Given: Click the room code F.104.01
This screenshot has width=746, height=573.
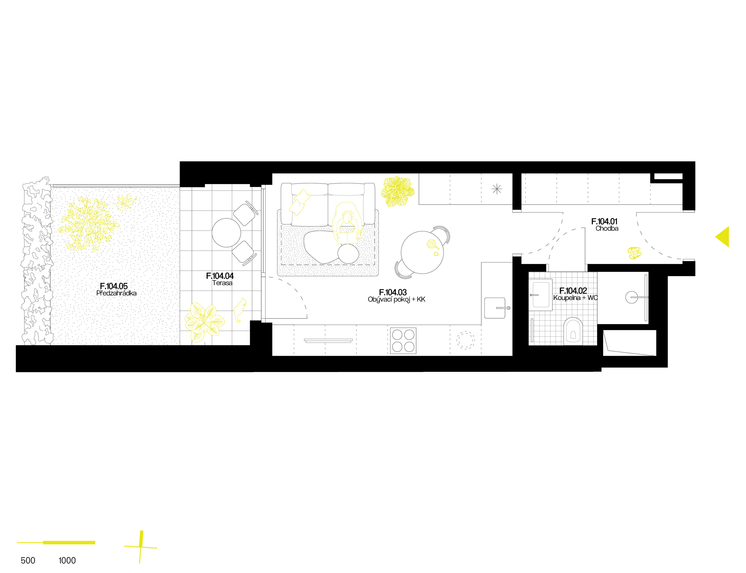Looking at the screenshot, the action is click(x=604, y=221).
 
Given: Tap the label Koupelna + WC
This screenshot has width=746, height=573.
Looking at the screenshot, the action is click(x=575, y=298).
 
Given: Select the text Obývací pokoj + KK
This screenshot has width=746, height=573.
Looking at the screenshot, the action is click(x=396, y=299).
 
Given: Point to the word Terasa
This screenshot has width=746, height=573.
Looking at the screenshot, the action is click(x=222, y=283).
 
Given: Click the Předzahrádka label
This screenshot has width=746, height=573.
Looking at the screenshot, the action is click(x=116, y=293).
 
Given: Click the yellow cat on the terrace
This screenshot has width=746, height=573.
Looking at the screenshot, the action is click(x=240, y=310).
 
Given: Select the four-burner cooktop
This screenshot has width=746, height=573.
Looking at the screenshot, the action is click(x=403, y=340).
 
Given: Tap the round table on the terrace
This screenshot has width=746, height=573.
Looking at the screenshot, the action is click(x=226, y=233).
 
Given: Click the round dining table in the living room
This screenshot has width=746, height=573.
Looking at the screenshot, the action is click(x=422, y=253).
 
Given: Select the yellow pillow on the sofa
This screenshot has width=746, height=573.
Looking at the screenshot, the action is click(x=299, y=202).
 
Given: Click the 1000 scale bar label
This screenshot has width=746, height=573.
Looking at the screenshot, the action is click(x=67, y=560).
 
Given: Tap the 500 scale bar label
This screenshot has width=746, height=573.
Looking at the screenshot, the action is click(x=28, y=560).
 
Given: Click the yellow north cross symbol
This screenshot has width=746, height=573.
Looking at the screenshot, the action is click(x=140, y=547).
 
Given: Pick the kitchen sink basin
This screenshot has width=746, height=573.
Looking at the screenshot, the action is click(x=495, y=308).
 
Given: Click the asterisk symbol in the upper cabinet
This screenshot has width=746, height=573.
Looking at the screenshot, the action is click(x=497, y=189).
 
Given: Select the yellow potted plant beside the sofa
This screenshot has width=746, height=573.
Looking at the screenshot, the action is click(x=397, y=191).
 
